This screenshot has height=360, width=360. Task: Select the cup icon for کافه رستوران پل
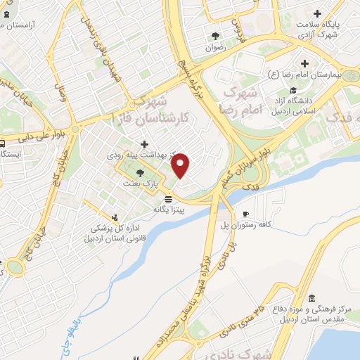click(x=245, y=213)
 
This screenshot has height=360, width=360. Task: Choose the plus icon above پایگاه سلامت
click(x=318, y=13)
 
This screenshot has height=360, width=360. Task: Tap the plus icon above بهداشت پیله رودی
click(x=143, y=144)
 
